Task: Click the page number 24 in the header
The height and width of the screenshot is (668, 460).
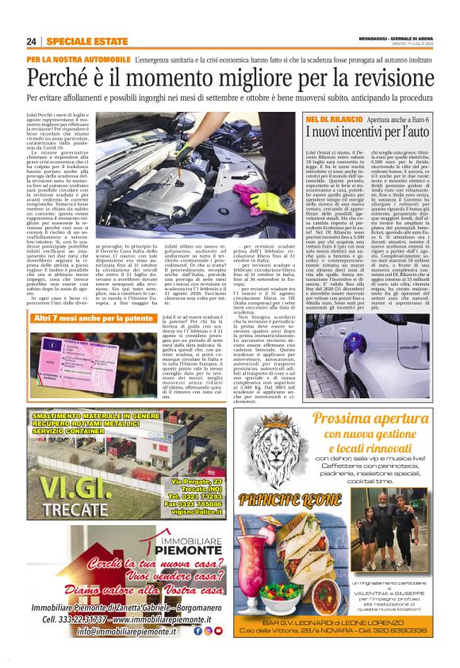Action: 32,40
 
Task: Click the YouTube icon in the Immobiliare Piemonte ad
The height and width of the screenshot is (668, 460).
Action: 218,631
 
